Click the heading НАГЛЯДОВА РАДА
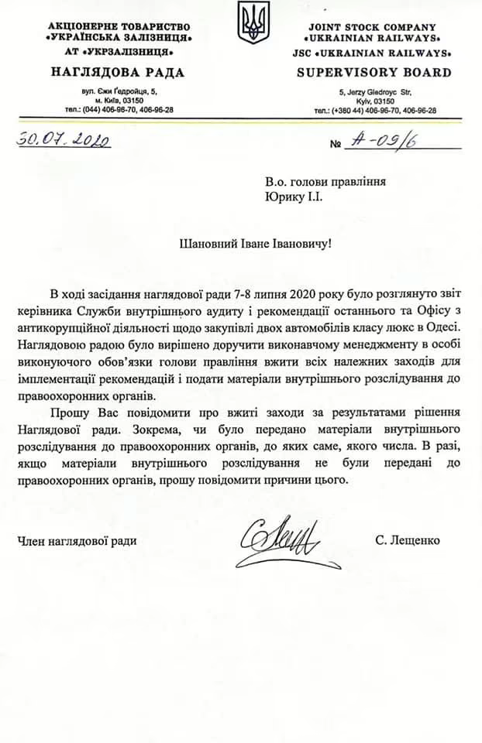click(x=117, y=73)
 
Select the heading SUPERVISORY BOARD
click(x=374, y=73)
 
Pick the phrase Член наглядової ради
click(x=77, y=541)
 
